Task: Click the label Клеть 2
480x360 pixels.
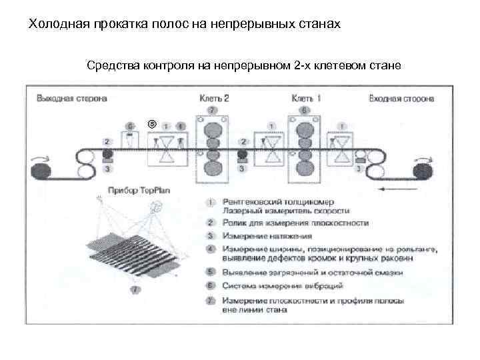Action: tap(213, 98)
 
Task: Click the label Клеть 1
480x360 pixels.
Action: tap(306, 98)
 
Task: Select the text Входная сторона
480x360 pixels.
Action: tap(401, 99)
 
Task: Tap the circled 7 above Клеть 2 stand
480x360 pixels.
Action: tap(211, 109)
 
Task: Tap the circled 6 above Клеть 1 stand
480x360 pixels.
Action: tap(305, 109)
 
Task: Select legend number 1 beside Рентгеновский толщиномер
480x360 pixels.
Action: tap(209, 201)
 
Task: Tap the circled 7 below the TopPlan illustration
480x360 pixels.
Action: tap(136, 291)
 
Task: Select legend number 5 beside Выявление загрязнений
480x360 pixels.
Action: tap(209, 273)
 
